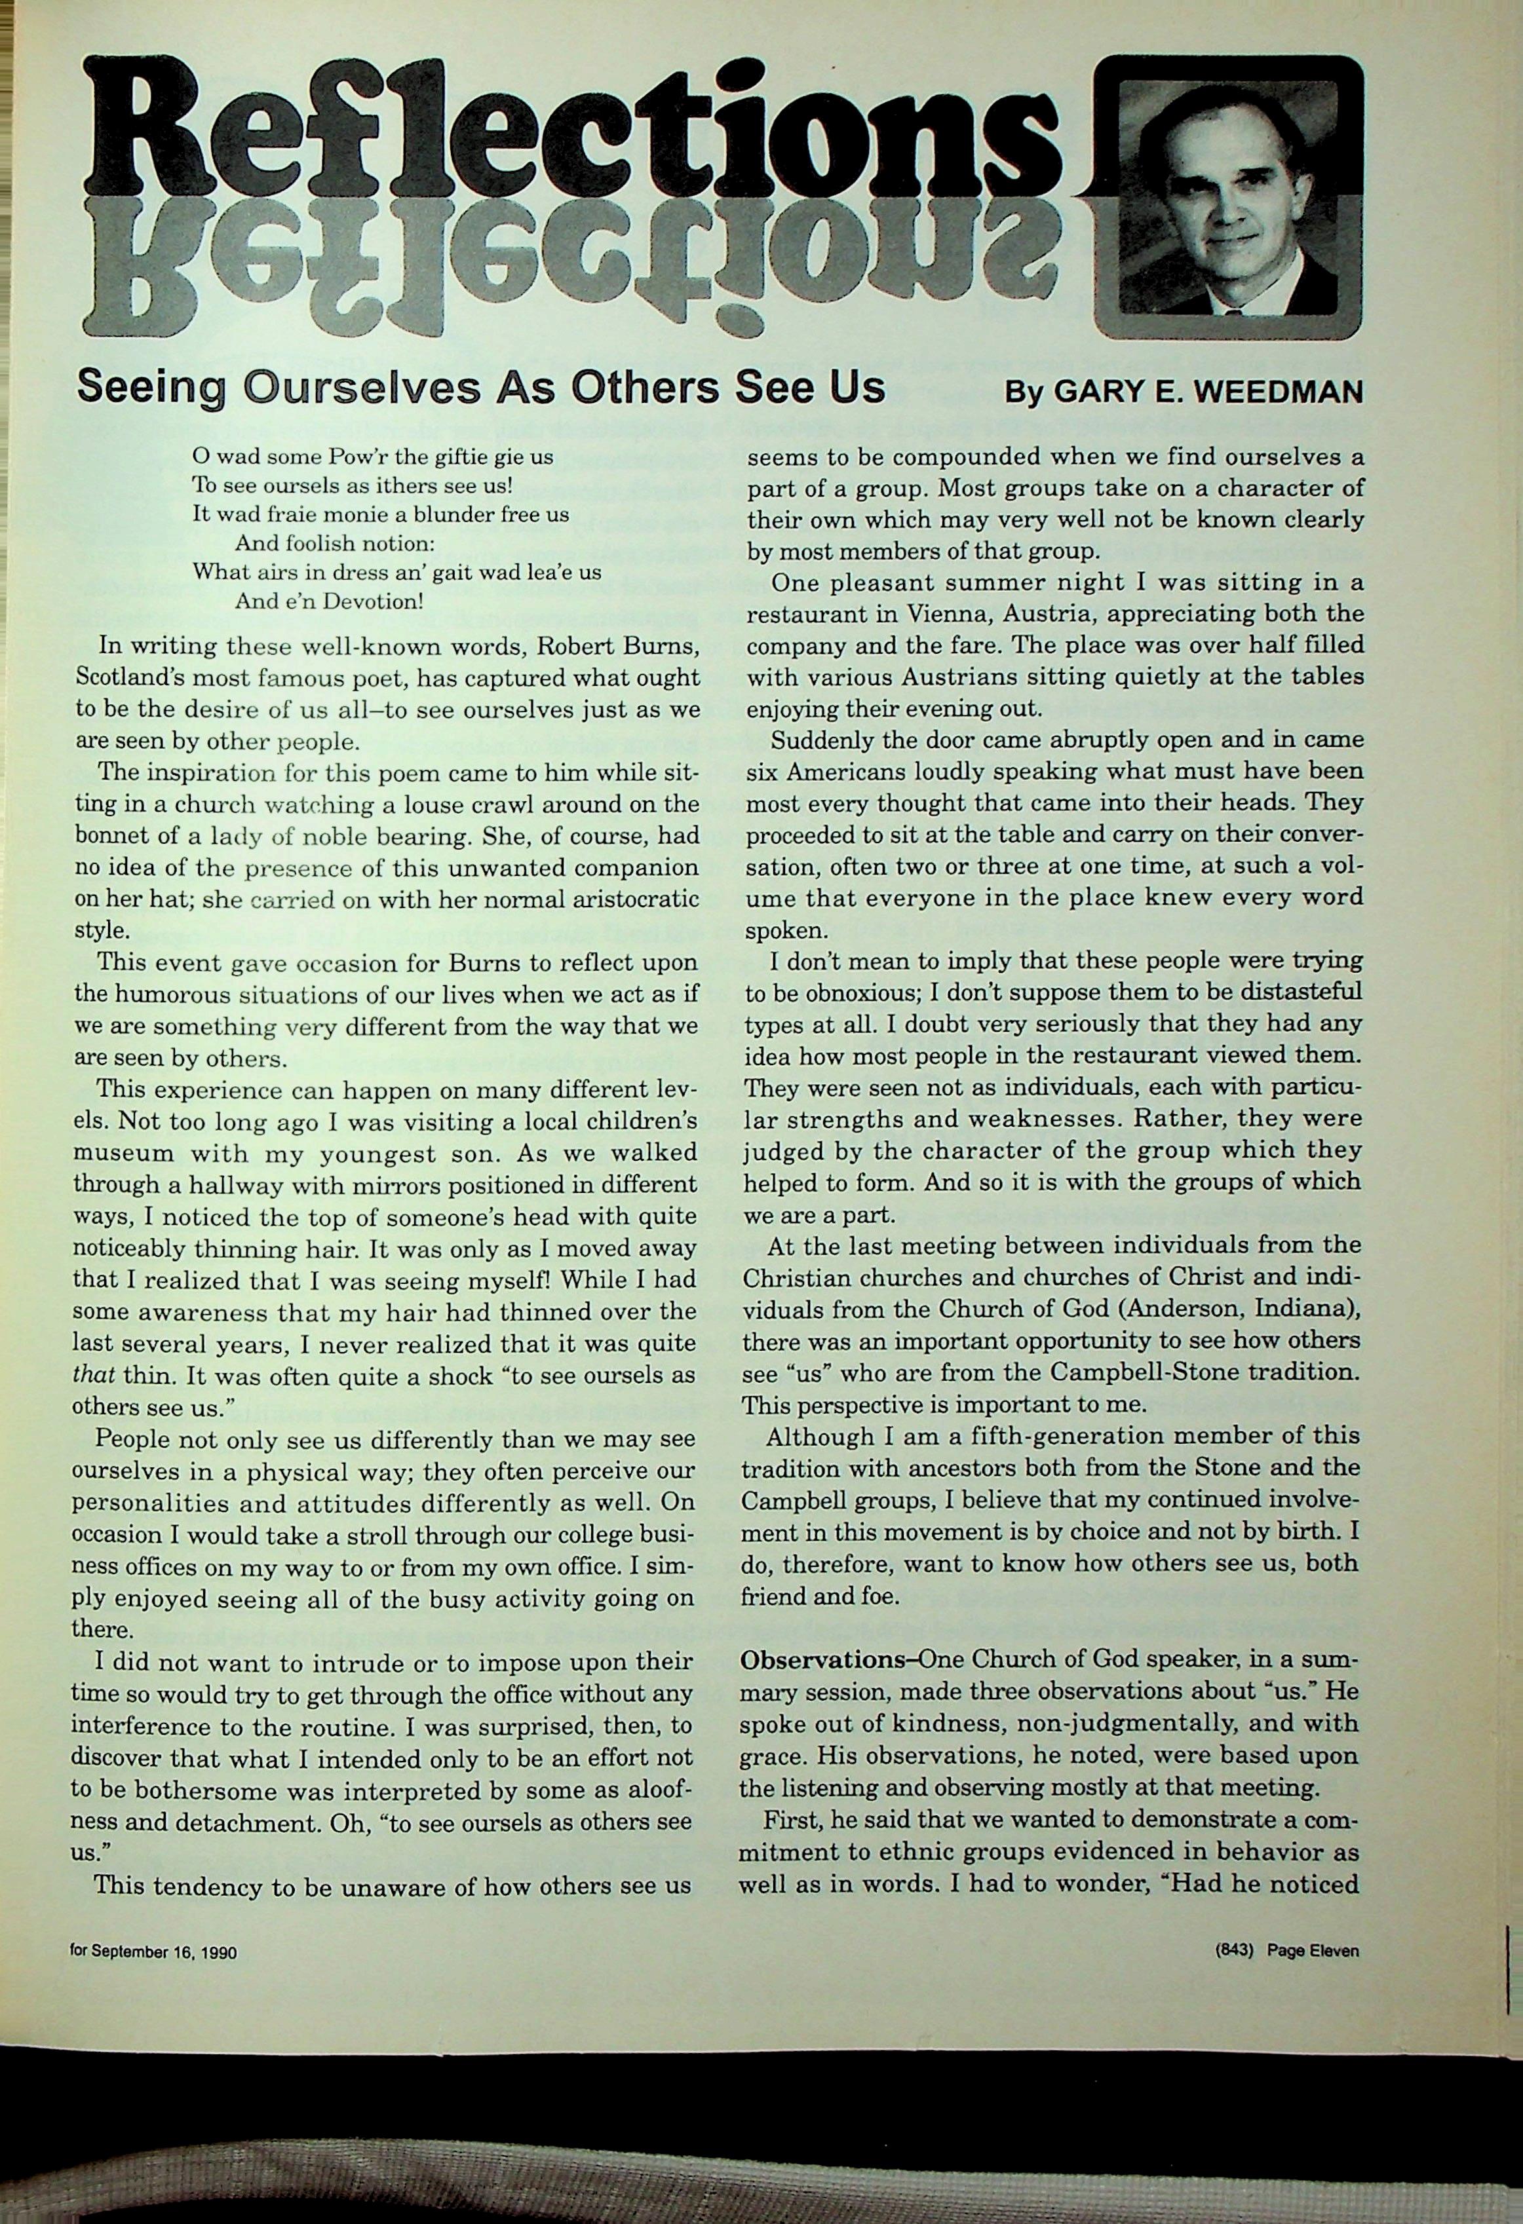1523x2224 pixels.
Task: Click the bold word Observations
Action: tap(825, 1659)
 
